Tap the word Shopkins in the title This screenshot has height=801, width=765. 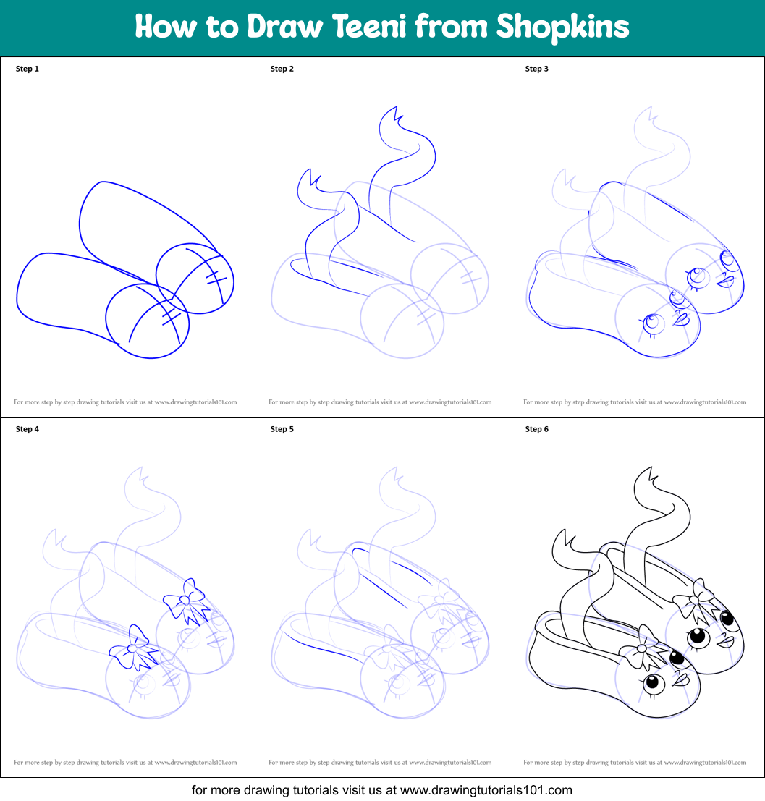(x=562, y=27)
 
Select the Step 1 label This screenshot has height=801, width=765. (x=28, y=69)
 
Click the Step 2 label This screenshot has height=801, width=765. (x=282, y=69)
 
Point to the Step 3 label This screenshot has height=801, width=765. (x=537, y=69)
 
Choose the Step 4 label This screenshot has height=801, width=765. (x=28, y=429)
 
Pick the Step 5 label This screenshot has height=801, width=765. (x=282, y=429)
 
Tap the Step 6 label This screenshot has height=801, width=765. (x=537, y=429)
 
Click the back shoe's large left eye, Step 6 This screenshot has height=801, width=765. (x=698, y=637)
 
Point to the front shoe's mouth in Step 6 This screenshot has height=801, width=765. (x=681, y=679)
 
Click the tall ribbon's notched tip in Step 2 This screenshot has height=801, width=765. (x=392, y=117)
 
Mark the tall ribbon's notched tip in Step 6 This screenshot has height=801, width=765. (x=646, y=480)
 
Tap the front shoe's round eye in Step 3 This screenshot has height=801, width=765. (x=651, y=323)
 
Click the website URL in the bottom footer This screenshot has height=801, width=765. (x=486, y=790)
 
